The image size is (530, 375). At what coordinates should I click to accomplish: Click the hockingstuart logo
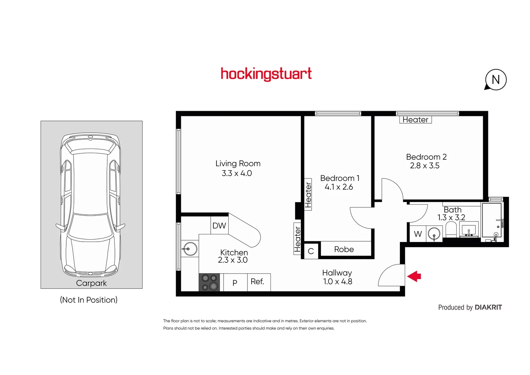[266, 74]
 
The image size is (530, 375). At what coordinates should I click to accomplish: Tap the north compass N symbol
[496, 80]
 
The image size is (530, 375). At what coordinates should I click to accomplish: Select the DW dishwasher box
[219, 225]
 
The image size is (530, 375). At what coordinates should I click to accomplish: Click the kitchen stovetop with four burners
[209, 282]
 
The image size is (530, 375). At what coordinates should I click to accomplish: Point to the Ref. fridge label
[257, 282]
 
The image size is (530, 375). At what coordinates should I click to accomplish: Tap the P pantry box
[235, 283]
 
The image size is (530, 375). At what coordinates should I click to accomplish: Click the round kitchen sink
[190, 249]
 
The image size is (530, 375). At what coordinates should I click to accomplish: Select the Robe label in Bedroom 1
[344, 249]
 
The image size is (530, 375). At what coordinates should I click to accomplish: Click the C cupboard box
[311, 251]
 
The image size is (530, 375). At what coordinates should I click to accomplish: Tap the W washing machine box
[418, 234]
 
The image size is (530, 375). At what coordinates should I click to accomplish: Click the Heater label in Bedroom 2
[415, 120]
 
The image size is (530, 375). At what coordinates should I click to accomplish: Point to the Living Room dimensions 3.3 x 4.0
[237, 173]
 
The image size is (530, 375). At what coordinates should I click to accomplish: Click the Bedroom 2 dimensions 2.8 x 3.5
[424, 166]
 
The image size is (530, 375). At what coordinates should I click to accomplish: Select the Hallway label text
[337, 273]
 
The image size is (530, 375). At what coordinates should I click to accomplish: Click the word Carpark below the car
[91, 283]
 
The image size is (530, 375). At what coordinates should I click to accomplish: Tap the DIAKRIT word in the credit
[488, 307]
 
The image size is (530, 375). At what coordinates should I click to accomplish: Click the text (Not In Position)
[89, 300]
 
